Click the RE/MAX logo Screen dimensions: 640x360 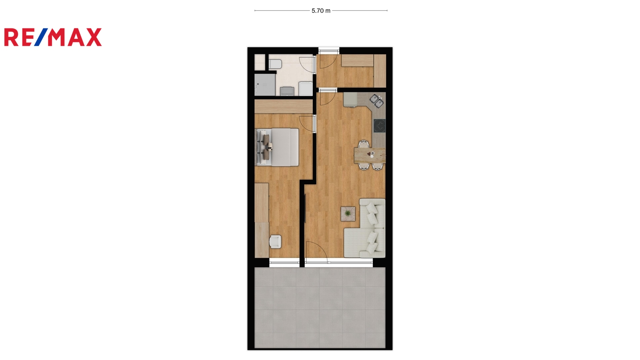pos(53,37)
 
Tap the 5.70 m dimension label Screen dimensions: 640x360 pos(321,11)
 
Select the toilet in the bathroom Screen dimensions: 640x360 pos(275,64)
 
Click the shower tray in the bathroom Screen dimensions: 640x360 pos(265,85)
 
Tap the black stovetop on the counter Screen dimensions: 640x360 pos(380,126)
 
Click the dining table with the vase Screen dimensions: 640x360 pos(370,156)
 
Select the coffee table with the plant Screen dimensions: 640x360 pos(348,214)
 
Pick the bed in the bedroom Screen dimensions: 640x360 pos(277,147)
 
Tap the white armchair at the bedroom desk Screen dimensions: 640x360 pos(276,242)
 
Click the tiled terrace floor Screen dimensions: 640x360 pos(320,308)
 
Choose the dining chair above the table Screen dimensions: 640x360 pos(364,144)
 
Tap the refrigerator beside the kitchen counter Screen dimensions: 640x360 pos(350,100)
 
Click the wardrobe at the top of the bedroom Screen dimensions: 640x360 pos(284,106)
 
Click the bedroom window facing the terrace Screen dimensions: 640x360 pos(284,263)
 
